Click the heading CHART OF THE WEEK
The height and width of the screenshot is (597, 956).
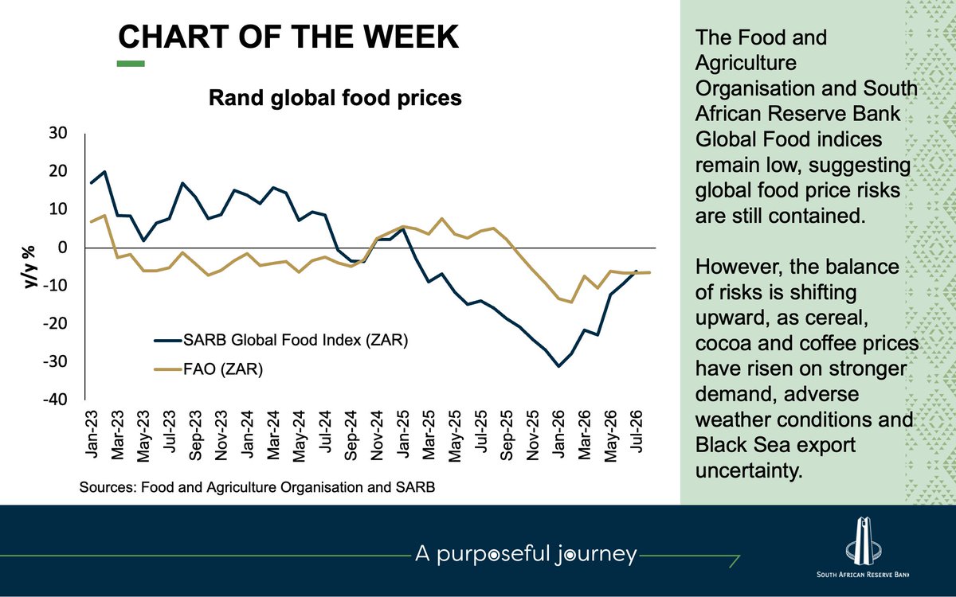(x=288, y=37)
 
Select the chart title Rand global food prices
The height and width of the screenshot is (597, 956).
(x=335, y=98)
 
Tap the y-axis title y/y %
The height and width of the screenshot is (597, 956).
(x=30, y=267)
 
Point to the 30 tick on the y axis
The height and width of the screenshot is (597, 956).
(x=58, y=133)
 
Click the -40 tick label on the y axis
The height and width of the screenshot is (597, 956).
(x=55, y=400)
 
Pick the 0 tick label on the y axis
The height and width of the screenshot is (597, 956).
(x=63, y=248)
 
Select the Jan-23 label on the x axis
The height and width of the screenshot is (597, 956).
(x=92, y=434)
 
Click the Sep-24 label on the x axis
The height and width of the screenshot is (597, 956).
(x=351, y=435)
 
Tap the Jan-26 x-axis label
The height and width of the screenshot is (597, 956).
(x=558, y=434)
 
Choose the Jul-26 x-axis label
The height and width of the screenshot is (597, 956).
(x=636, y=431)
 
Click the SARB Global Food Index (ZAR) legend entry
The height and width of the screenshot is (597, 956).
(x=281, y=341)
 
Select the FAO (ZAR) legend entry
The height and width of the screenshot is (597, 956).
(x=208, y=369)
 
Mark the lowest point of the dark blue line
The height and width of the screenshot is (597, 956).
(x=558, y=366)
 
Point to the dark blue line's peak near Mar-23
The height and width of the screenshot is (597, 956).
(x=104, y=171)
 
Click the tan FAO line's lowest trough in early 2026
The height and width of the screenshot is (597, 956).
(x=571, y=302)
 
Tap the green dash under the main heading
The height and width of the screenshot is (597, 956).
(x=131, y=64)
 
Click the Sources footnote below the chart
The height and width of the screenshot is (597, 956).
(x=257, y=487)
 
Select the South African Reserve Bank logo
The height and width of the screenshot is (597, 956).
(x=863, y=547)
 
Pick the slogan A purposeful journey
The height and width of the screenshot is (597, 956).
(x=526, y=554)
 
